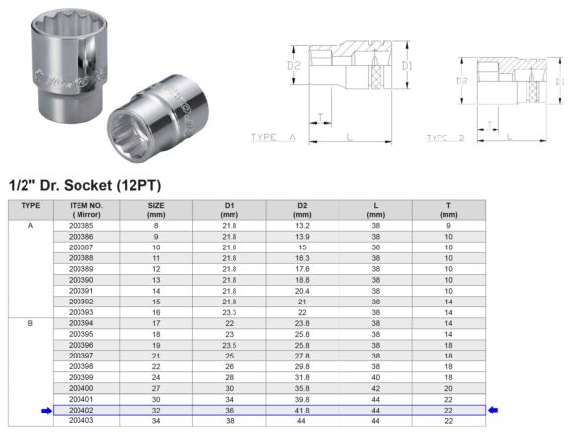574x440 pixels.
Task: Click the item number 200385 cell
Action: tap(81, 226)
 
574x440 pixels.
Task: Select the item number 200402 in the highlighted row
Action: tap(81, 410)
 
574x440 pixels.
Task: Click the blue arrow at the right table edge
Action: tap(495, 411)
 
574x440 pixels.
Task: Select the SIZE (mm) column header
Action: tap(155, 209)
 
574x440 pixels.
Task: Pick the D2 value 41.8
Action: tap(302, 410)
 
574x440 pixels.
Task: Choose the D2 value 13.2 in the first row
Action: tap(302, 226)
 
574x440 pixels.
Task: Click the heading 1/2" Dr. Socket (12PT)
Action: tap(83, 184)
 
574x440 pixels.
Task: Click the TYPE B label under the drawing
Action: tap(447, 137)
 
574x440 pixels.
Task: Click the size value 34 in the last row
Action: tap(155, 420)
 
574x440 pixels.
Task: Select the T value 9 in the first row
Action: tap(448, 226)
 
